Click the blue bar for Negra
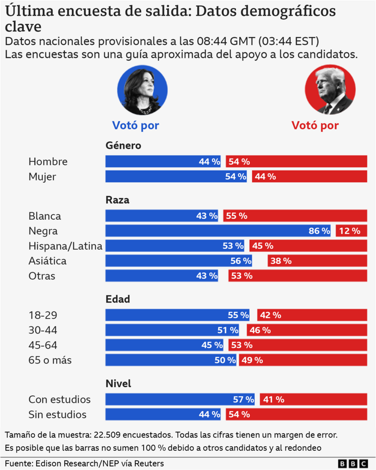coord(218,231)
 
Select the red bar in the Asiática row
coord(317,261)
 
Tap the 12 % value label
coord(349,231)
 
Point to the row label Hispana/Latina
coord(65,246)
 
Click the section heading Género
coord(123,146)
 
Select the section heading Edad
coord(118,299)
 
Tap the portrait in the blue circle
coord(143,90)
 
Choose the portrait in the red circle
coord(330,90)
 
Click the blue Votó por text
coord(136,125)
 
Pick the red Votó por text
coord(315,125)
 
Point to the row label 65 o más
coord(50,360)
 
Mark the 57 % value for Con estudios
coord(243,399)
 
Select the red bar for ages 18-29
coord(312,315)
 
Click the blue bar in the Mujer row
coord(176,176)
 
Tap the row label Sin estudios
coord(58,415)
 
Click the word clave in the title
coord(23,27)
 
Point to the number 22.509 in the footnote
coord(107,435)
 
